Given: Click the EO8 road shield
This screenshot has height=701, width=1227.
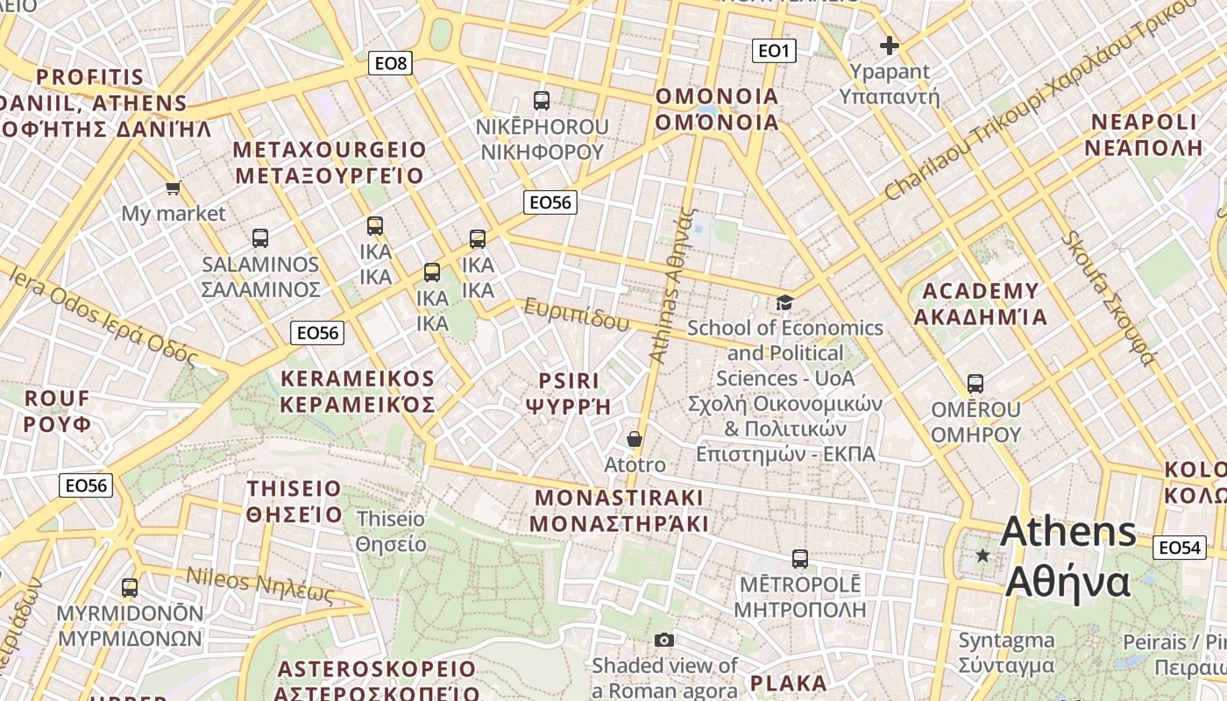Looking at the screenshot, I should pos(391,62).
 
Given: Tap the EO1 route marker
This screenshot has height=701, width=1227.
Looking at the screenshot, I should pos(774,51).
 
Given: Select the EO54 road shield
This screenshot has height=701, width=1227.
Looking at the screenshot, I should pos(1179,548).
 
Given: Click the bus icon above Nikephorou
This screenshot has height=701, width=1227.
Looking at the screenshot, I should pos(542,100).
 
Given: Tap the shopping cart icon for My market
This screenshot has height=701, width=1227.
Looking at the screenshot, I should pos(174,188).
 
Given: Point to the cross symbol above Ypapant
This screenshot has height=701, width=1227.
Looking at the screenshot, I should pos(890,46).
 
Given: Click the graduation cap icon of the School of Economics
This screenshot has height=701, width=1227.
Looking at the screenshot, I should pos(784,302).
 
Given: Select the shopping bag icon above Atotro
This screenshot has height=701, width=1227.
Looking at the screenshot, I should pos(635,439).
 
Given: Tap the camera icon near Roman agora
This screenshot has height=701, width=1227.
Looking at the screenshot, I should pos(664,641).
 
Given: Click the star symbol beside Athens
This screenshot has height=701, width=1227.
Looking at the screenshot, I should pos(983,556).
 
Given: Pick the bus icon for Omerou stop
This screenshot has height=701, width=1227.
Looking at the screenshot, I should pos(975,384).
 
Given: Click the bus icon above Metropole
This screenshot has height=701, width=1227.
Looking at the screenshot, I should pos(799,558).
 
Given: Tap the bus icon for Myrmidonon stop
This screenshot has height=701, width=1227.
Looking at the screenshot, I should pos(130,588).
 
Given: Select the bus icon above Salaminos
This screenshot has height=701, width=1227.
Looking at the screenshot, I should pos(260,238).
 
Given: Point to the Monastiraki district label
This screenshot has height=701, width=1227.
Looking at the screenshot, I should pos(620,511).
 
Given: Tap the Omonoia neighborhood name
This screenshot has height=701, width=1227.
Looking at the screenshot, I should pos(717,109).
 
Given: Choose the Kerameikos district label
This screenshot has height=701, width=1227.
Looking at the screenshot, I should pos(358,391).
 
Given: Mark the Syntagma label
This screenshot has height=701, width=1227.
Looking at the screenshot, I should pos(1006,653).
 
